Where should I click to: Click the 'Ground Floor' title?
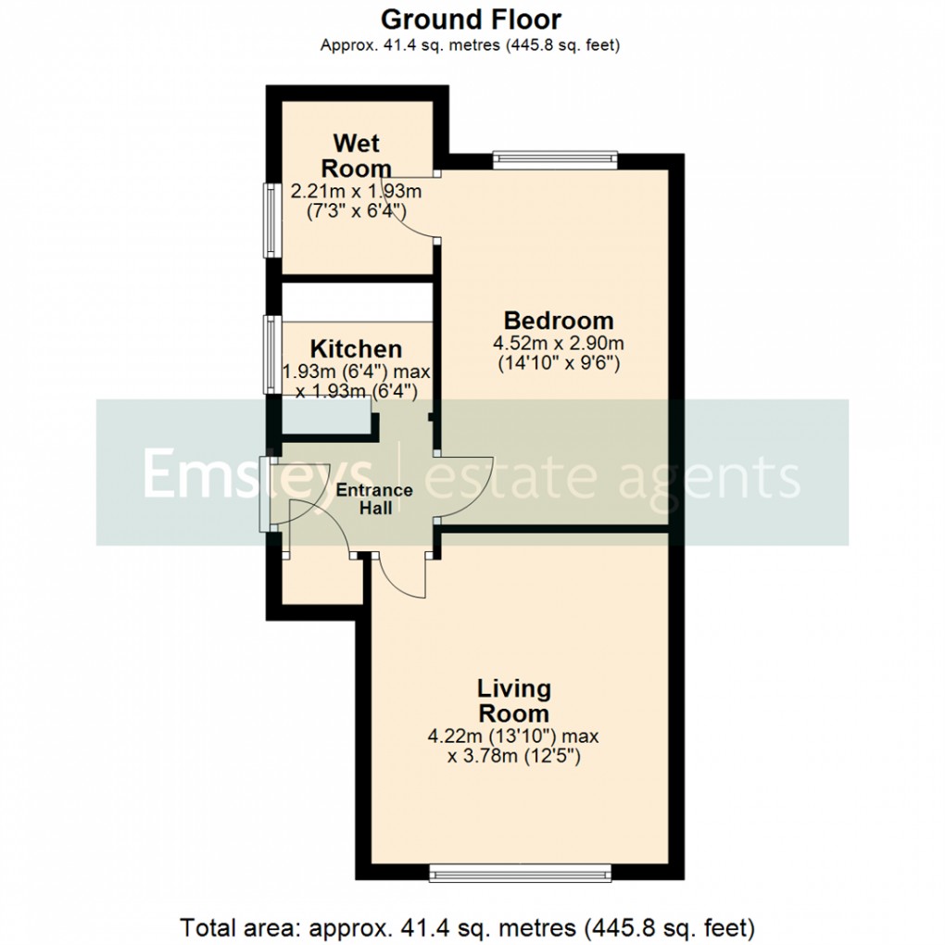(471, 19)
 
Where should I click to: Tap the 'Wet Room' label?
(357, 156)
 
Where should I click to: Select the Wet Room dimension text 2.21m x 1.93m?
(357, 192)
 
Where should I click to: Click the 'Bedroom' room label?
(558, 321)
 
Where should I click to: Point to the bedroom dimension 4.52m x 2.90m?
(558, 344)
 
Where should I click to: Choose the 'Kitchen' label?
(356, 349)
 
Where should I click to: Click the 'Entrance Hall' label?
(375, 499)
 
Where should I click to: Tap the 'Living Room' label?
(514, 701)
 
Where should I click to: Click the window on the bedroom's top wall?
(554, 158)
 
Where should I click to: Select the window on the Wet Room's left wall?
(269, 220)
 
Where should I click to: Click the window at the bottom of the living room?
(520, 872)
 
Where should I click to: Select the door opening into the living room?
(400, 580)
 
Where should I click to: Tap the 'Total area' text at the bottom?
(468, 926)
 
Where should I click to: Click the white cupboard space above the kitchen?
(357, 302)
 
